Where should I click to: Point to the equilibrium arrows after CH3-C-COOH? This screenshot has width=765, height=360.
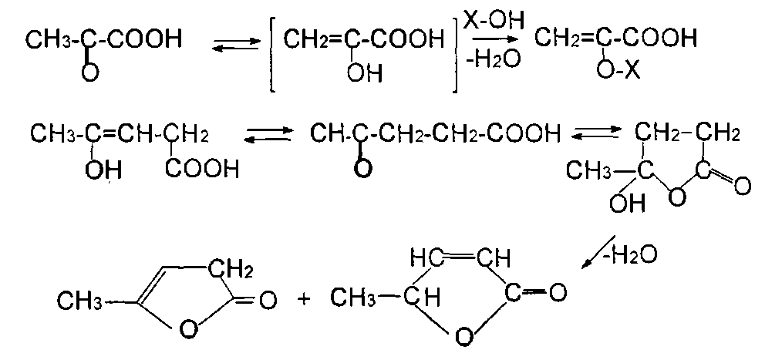click(x=231, y=47)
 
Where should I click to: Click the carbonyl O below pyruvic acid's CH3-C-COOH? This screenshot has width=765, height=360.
click(x=90, y=73)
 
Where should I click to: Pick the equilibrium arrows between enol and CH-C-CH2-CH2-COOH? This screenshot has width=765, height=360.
click(x=268, y=137)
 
